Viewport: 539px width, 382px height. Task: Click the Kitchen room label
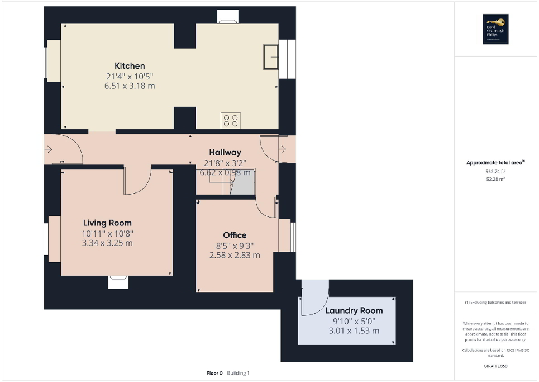(x=130, y=66)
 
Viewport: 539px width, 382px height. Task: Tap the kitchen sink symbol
(x=271, y=56)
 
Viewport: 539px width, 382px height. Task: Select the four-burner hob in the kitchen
(x=231, y=120)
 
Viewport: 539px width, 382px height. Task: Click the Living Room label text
(x=107, y=223)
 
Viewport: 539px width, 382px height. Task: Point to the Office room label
(x=235, y=235)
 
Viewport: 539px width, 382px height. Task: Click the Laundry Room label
(x=354, y=310)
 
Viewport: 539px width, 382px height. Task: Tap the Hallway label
(x=225, y=152)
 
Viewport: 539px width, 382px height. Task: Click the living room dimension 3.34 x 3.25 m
(x=107, y=243)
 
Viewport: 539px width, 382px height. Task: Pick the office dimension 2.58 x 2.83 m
(x=235, y=255)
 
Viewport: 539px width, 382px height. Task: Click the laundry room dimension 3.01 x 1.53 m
(x=354, y=331)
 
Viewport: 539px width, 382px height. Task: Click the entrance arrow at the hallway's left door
(x=49, y=149)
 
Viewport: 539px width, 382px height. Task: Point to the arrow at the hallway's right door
(x=283, y=149)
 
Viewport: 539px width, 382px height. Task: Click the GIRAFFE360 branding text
(x=496, y=366)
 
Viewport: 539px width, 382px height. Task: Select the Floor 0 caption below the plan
(x=214, y=373)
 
